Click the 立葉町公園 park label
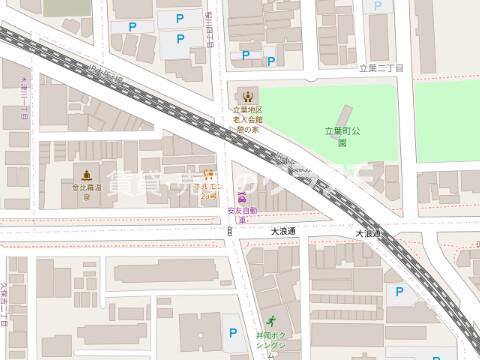[x=341, y=136]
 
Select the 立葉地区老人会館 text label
[x=247, y=118]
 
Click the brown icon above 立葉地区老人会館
[x=248, y=96]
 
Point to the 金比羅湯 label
[x=87, y=191]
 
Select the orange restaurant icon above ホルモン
[x=209, y=176]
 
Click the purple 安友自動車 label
[x=243, y=211]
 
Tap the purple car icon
[x=243, y=197]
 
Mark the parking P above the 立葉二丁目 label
[x=377, y=5]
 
